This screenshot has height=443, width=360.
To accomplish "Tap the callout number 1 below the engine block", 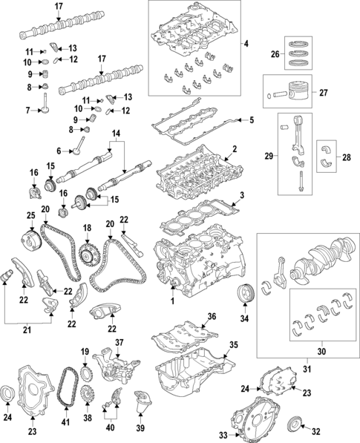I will click(171, 303).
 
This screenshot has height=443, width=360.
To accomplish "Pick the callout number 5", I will click(250, 119).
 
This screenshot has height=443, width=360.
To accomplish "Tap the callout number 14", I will click(114, 134).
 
